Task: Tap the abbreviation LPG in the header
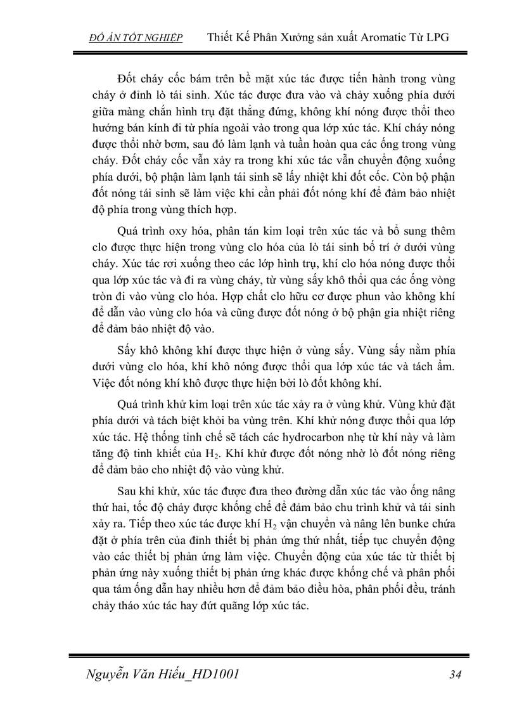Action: tap(437, 37)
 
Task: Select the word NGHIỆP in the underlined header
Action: tap(162, 37)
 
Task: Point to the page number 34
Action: tap(455, 674)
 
